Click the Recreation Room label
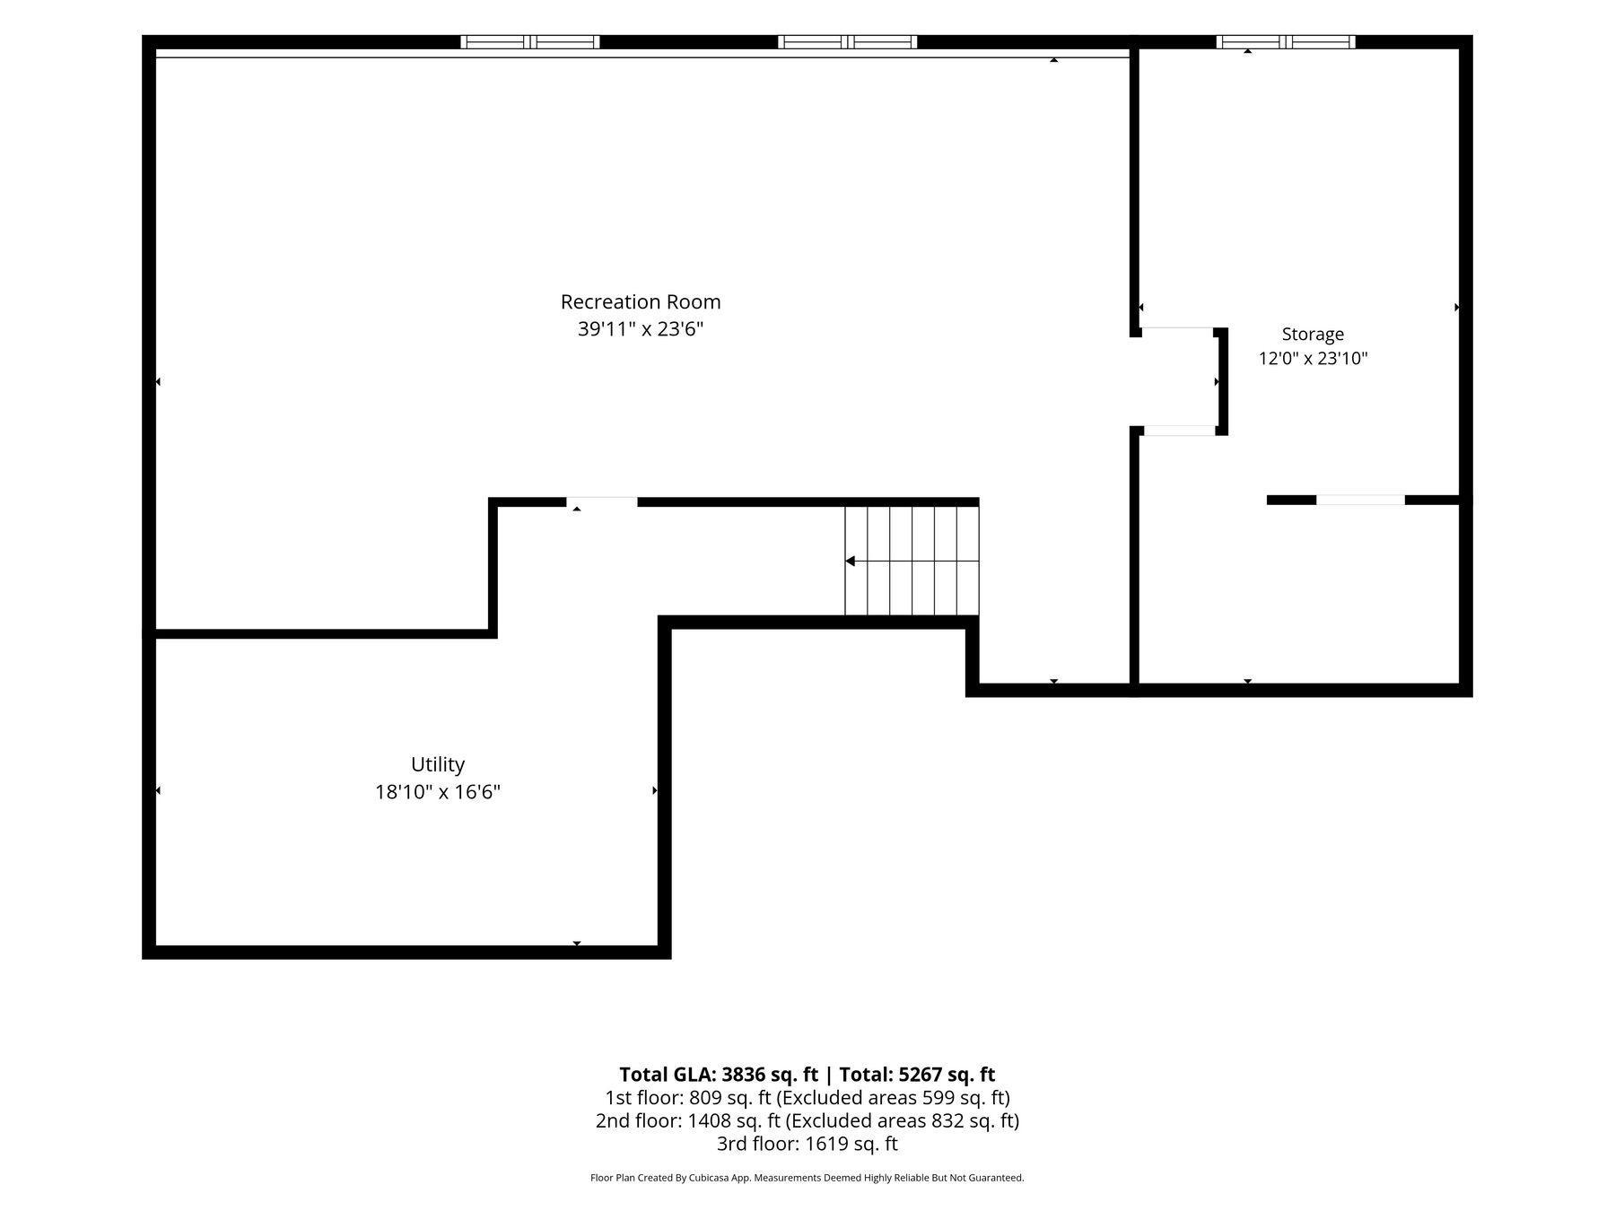pyautogui.click(x=641, y=302)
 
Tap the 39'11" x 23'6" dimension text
pyautogui.click(x=641, y=329)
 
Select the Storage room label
pyautogui.click(x=1313, y=335)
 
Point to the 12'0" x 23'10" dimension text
pyautogui.click(x=1313, y=359)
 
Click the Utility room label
pyautogui.click(x=438, y=765)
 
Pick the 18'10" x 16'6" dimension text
pyautogui.click(x=438, y=792)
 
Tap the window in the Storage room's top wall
pyautogui.click(x=1286, y=42)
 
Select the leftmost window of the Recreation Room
pyautogui.click(x=530, y=42)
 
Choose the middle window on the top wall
pyautogui.click(x=848, y=42)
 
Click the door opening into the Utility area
pyautogui.click(x=602, y=501)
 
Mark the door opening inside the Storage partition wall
pyautogui.click(x=1360, y=501)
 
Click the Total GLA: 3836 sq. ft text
pyautogui.click(x=719, y=1075)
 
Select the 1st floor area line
pyautogui.click(x=807, y=1098)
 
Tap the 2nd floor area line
pyautogui.click(x=807, y=1121)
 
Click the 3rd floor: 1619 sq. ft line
pyautogui.click(x=807, y=1145)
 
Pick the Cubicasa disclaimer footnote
pyautogui.click(x=807, y=1178)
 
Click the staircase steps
pyautogui.click(x=912, y=562)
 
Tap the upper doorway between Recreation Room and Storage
pyautogui.click(x=1178, y=332)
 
